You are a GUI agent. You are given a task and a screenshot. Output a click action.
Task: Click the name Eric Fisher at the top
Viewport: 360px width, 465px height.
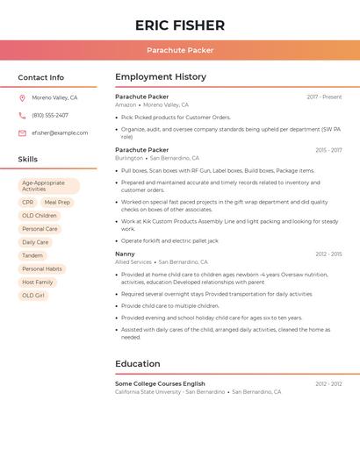(x=180, y=25)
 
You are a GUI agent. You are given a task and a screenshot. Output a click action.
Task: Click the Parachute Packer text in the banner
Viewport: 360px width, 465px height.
(x=180, y=50)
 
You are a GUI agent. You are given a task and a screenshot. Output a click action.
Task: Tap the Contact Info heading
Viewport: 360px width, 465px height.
(x=40, y=77)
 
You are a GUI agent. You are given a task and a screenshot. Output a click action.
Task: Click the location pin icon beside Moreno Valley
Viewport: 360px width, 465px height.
(x=22, y=98)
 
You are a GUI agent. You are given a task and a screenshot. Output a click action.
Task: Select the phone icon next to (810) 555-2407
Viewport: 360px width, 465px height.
(x=22, y=116)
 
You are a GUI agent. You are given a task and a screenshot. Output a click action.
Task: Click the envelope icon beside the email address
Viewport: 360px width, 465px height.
(x=22, y=133)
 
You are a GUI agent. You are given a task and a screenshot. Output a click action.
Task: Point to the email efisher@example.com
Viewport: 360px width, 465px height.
(x=60, y=133)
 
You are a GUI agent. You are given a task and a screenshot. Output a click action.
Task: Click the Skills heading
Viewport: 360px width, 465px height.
(x=27, y=159)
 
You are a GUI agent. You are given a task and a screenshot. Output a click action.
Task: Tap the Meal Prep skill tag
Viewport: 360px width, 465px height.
(x=57, y=203)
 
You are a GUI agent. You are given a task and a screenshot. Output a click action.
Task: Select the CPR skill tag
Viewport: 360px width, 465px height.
(x=28, y=203)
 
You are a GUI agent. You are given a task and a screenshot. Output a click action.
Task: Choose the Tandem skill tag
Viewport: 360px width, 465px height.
(x=32, y=255)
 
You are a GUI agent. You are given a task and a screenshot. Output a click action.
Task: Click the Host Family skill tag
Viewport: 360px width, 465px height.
(x=38, y=283)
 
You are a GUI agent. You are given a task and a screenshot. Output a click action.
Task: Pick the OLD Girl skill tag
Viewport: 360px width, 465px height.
(x=33, y=296)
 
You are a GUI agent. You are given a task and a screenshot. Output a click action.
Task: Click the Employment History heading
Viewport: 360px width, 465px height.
(x=160, y=77)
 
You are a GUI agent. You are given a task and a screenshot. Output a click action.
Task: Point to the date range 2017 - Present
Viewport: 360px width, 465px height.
(x=324, y=97)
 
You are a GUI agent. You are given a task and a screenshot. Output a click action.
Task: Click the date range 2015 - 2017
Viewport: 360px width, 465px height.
(x=328, y=150)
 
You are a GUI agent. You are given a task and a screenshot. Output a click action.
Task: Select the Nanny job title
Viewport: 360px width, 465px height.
(x=125, y=254)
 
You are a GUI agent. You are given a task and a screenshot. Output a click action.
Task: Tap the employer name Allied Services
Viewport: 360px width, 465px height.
(x=133, y=262)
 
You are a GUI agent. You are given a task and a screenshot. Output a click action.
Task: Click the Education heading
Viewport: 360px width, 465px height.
(x=138, y=363)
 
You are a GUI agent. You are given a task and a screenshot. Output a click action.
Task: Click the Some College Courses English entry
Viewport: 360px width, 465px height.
(x=160, y=383)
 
